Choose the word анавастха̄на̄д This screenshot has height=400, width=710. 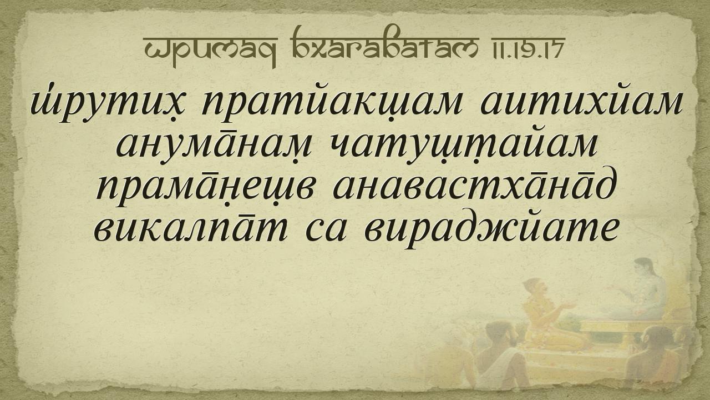pyautogui.click(x=475, y=186)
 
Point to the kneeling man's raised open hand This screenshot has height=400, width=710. pyautogui.click(x=568, y=306)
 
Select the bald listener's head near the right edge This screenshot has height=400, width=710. pyautogui.click(x=662, y=337)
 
